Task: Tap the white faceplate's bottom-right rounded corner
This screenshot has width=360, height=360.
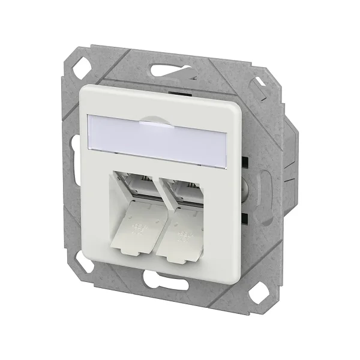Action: pos(237,267)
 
